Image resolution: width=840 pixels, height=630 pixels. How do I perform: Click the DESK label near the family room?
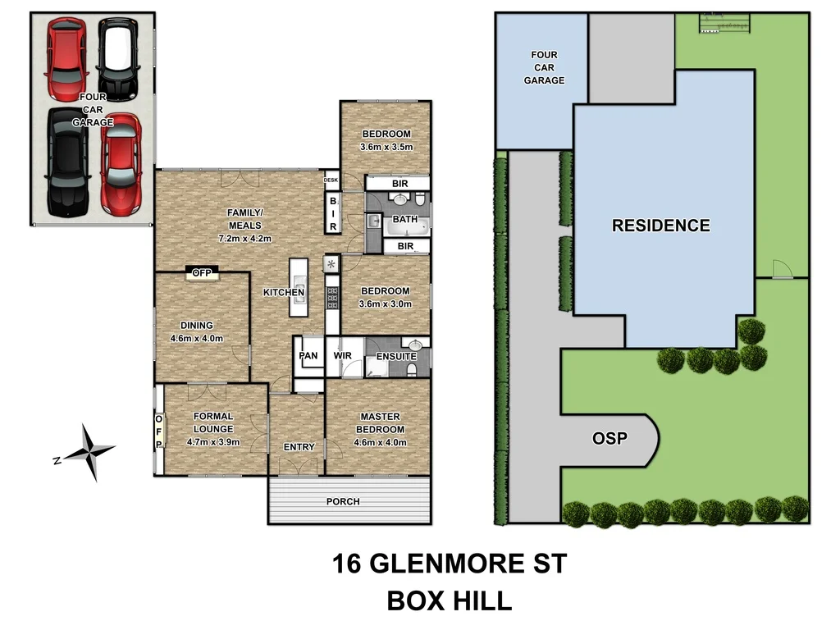[331, 180]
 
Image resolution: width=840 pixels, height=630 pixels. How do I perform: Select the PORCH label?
[343, 501]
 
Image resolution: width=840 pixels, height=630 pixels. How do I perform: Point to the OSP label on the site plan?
[609, 439]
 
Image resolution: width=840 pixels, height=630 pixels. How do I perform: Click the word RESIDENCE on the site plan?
[661, 226]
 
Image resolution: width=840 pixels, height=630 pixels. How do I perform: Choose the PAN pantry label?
[308, 356]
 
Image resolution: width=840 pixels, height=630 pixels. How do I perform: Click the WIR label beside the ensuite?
[342, 356]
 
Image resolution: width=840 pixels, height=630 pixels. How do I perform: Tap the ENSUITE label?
[396, 356]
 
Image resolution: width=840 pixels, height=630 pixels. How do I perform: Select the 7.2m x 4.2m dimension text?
[244, 238]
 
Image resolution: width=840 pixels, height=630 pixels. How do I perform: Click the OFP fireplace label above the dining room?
[201, 273]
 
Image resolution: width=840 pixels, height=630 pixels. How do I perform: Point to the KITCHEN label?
[283, 292]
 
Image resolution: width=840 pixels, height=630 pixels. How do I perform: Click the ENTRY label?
[299, 447]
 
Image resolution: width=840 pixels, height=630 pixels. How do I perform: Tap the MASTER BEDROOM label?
[380, 422]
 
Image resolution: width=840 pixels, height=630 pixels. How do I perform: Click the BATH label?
[404, 220]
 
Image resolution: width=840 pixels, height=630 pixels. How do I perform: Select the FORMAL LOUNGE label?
[213, 422]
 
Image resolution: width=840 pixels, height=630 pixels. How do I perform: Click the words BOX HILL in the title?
[449, 601]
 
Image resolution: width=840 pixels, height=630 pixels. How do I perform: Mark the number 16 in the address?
[348, 564]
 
